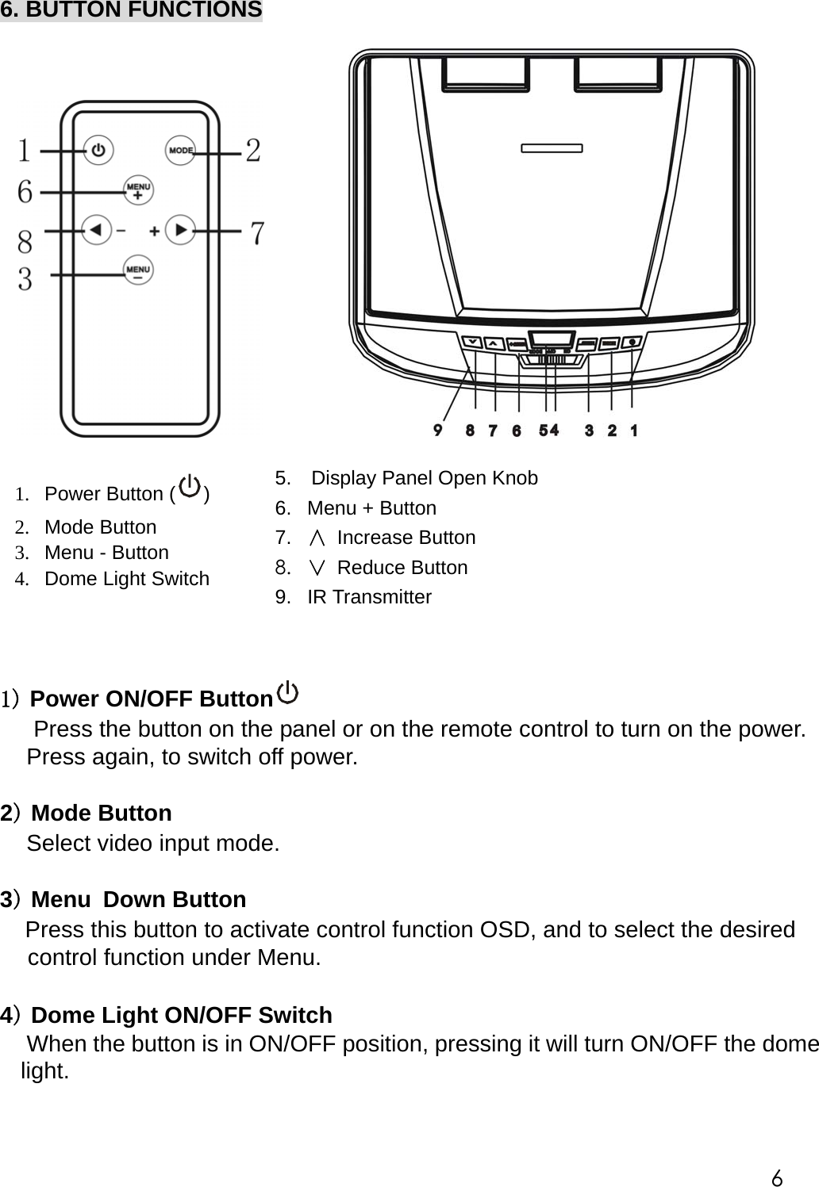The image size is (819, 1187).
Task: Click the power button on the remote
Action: [98, 150]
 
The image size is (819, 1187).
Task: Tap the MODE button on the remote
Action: [180, 150]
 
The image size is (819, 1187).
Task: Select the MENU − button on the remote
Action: [138, 271]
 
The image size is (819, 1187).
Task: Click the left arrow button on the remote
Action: [96, 231]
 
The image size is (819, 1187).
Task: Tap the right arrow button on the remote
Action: [181, 231]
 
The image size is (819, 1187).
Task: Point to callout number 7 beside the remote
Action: [257, 233]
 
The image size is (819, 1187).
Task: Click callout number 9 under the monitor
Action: [438, 430]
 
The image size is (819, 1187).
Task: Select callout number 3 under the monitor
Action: [589, 431]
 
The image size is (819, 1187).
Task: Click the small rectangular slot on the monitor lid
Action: [552, 147]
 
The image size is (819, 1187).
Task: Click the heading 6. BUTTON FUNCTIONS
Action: [131, 10]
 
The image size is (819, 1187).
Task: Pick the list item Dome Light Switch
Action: [126, 579]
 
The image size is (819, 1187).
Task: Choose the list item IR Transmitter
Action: [369, 597]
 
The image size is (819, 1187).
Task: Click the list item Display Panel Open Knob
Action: [424, 478]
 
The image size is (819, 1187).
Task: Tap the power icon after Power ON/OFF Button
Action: [287, 694]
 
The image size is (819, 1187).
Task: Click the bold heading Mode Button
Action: [101, 814]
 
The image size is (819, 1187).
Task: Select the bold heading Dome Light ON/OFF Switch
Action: [181, 1015]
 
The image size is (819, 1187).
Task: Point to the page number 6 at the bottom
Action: [777, 1177]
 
